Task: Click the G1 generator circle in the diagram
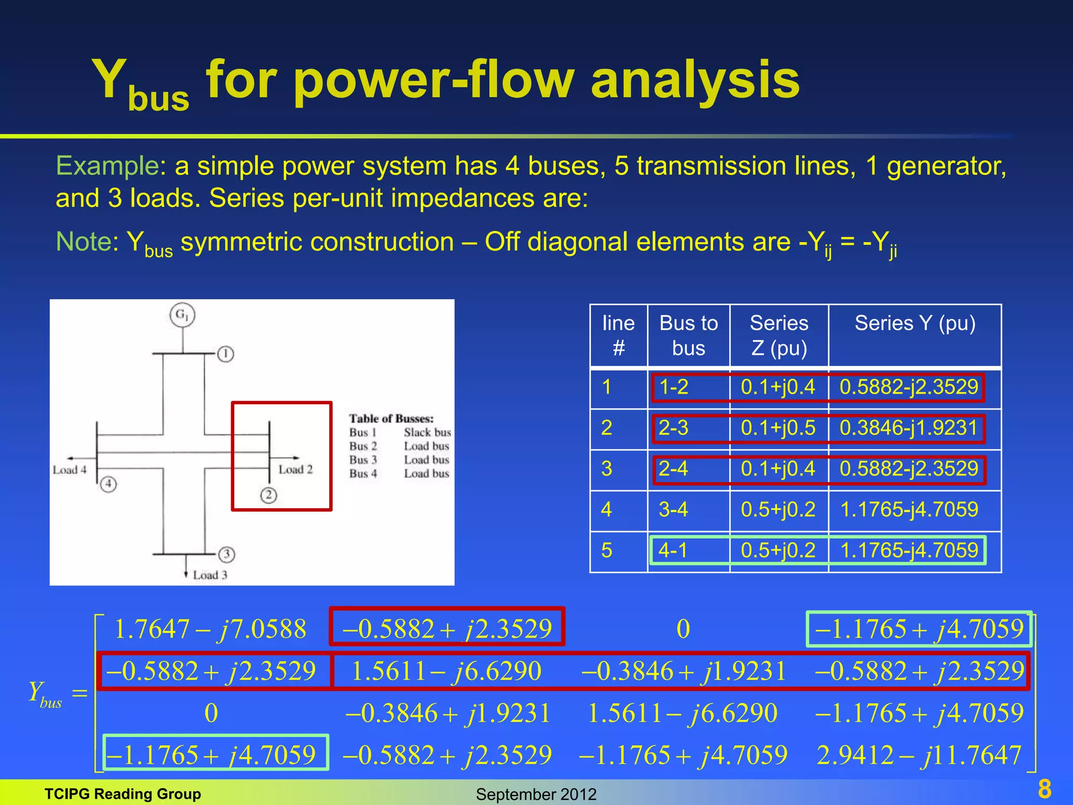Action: [x=182, y=316]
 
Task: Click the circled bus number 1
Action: [x=226, y=354]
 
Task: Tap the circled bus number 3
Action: [x=226, y=554]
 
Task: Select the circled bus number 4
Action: [x=108, y=484]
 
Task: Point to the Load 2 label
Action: [x=295, y=470]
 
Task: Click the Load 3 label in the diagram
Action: [x=210, y=575]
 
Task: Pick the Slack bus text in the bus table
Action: [x=427, y=432]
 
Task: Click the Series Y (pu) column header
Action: [x=915, y=323]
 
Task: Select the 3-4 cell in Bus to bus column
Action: [x=673, y=509]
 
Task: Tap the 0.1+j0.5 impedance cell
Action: [x=778, y=428]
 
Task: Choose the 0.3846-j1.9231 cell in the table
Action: [x=908, y=428]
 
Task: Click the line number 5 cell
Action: [x=607, y=550]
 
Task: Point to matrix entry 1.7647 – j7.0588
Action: [x=210, y=629]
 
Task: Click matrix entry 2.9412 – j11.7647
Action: [x=919, y=755]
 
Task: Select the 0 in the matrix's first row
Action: [x=683, y=629]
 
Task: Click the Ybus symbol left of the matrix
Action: [x=45, y=694]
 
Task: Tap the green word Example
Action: [x=107, y=166]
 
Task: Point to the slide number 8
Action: [x=1044, y=789]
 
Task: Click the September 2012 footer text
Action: [x=536, y=794]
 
